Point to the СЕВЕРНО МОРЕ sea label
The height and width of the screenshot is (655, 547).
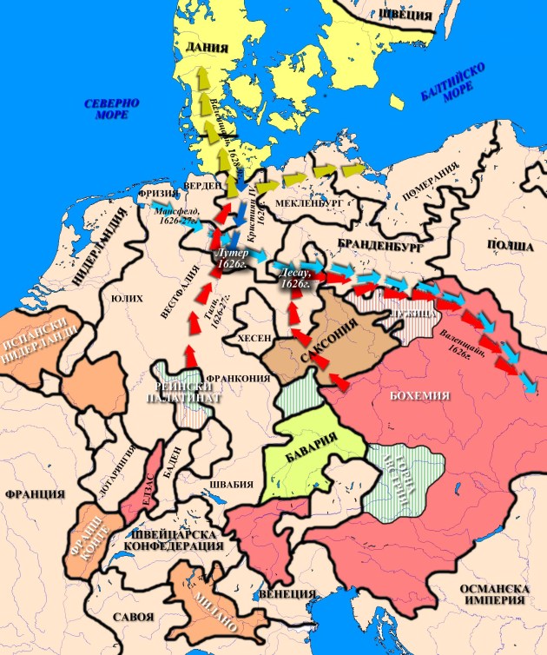112,110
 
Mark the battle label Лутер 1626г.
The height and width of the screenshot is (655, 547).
230,256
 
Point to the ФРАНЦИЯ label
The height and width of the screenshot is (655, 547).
35,493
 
